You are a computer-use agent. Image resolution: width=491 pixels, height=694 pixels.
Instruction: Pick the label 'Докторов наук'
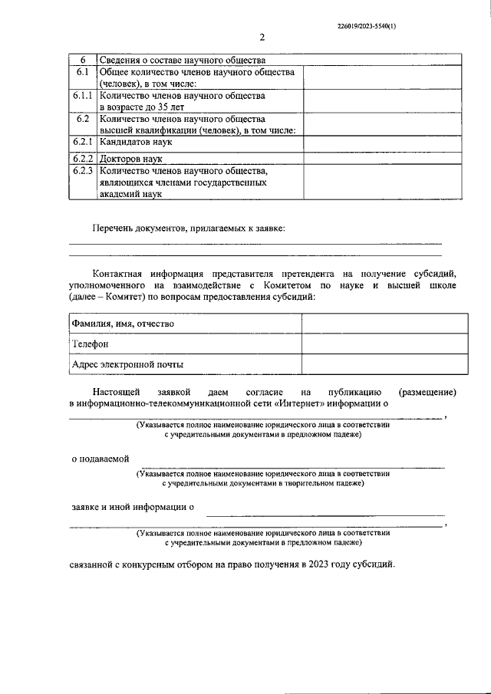click(130, 157)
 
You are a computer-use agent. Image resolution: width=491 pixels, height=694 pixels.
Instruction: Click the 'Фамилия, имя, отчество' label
click(123, 324)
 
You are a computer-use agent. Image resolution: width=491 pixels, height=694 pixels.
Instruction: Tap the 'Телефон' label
click(91, 344)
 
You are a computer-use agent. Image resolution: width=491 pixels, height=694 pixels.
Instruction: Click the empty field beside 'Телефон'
click(382, 344)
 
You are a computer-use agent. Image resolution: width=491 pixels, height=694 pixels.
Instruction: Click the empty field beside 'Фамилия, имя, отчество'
click(382, 324)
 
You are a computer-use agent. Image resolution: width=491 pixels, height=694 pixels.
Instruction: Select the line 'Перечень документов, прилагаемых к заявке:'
click(188, 228)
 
